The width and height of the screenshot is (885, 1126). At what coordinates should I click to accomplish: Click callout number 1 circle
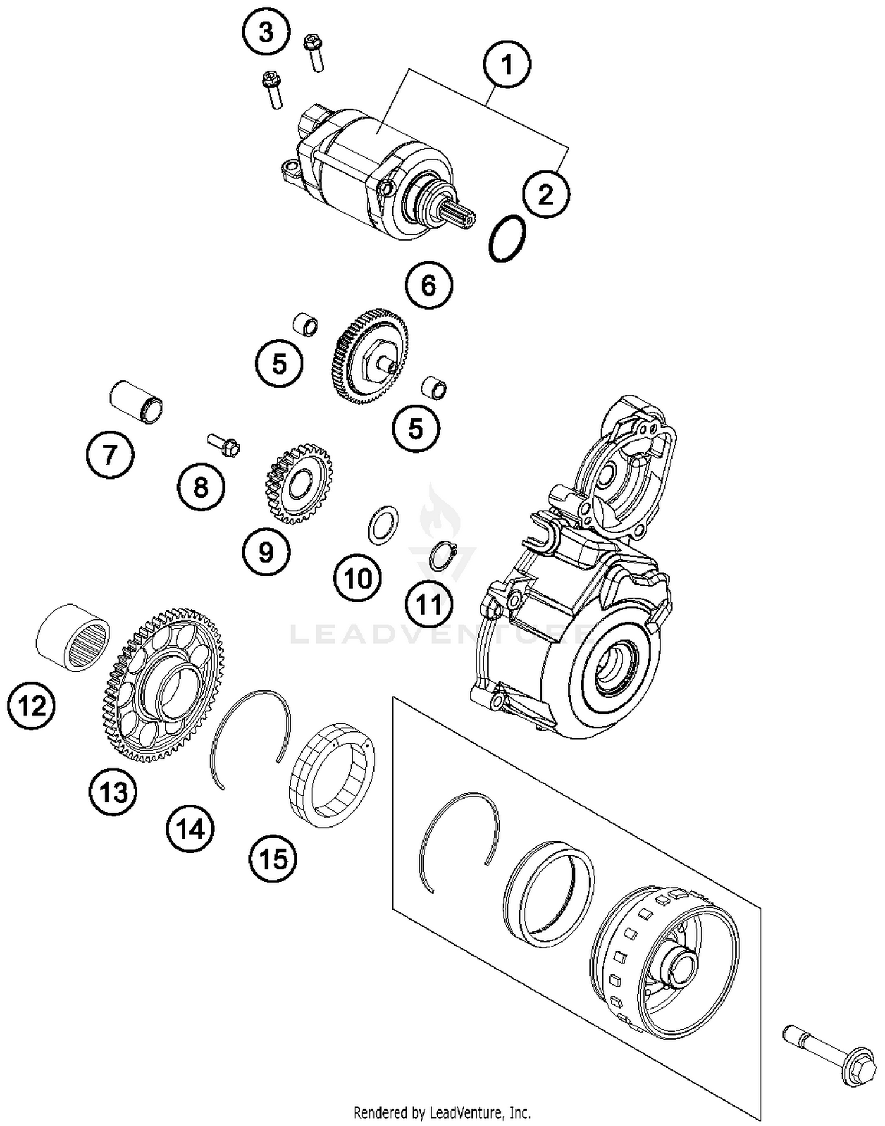(x=507, y=64)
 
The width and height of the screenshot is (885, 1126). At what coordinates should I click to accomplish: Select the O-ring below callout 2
(x=507, y=238)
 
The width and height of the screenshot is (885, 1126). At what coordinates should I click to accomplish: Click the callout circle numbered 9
(x=266, y=551)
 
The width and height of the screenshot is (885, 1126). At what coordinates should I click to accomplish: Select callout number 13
(x=113, y=791)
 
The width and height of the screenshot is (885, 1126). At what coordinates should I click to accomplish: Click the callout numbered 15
(x=273, y=858)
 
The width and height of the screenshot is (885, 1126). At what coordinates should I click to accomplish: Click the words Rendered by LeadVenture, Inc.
(x=442, y=1112)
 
